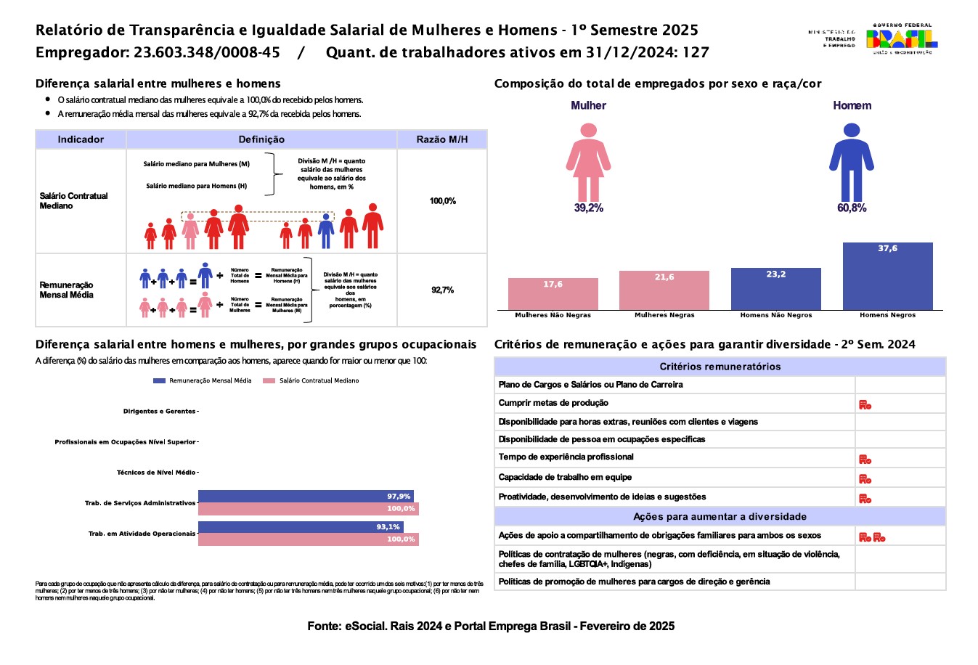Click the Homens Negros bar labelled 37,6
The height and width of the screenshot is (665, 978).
pyautogui.click(x=887, y=276)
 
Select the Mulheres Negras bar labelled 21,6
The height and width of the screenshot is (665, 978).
pyautogui.click(x=664, y=290)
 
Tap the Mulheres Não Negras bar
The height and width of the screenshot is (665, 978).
pyautogui.click(x=553, y=294)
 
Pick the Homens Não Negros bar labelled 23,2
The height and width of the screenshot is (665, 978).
pyautogui.click(x=775, y=289)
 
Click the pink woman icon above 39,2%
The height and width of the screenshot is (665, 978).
pyautogui.click(x=588, y=162)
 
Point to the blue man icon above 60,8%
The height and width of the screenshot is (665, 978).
pyautogui.click(x=851, y=162)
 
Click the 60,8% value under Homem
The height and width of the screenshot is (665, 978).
pyautogui.click(x=852, y=208)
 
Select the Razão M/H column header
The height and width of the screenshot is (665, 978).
pyautogui.click(x=441, y=139)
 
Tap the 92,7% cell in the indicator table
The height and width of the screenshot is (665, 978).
pyautogui.click(x=442, y=290)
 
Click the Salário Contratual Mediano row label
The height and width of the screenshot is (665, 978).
pyautogui.click(x=74, y=201)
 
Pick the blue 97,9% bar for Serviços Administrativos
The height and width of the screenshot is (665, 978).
pyautogui.click(x=306, y=497)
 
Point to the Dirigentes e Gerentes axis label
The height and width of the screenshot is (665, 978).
pyautogui.click(x=159, y=412)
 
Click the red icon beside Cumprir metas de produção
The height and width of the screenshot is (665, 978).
pyautogui.click(x=865, y=404)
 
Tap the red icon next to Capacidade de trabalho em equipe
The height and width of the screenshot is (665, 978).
pyautogui.click(x=865, y=478)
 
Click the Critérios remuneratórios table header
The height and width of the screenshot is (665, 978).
pyautogui.click(x=720, y=367)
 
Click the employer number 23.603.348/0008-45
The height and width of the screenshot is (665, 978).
pyautogui.click(x=207, y=52)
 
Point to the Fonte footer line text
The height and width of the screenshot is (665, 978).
pyautogui.click(x=491, y=626)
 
